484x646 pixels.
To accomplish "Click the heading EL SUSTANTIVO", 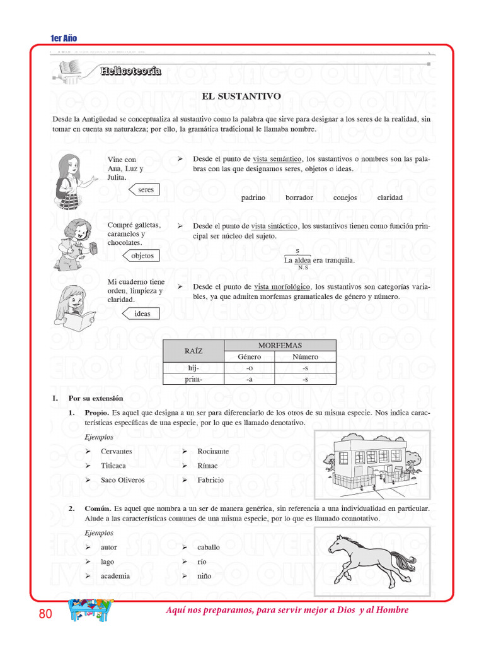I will pyautogui.click(x=241, y=97).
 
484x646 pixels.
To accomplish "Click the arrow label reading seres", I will pyautogui.click(x=144, y=189).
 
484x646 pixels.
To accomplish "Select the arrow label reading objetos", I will pyautogui.click(x=142, y=255).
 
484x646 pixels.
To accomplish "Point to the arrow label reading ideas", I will pyautogui.click(x=142, y=314).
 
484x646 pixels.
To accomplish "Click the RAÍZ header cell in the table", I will pyautogui.click(x=193, y=351).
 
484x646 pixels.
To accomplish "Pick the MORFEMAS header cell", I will pyautogui.click(x=280, y=345).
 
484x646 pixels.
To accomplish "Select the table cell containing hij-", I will pyautogui.click(x=193, y=368).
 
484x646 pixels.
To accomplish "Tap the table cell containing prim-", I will pyautogui.click(x=193, y=379).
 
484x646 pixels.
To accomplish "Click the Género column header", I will pyautogui.click(x=249, y=356).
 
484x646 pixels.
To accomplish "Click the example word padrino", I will pyautogui.click(x=253, y=197).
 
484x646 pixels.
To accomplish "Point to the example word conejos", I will pyautogui.click(x=345, y=197).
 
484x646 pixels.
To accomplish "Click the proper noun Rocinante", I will pyautogui.click(x=213, y=451).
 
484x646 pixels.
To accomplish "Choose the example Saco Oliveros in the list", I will pyautogui.click(x=122, y=479).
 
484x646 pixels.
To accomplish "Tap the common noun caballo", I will pyautogui.click(x=209, y=548).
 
